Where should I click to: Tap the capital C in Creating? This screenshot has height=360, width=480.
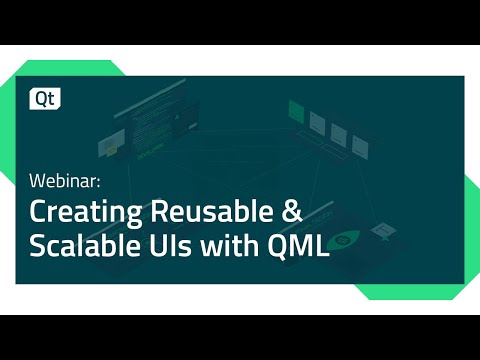pos(37,213)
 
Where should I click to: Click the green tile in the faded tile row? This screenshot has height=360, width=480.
pos(297,110)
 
